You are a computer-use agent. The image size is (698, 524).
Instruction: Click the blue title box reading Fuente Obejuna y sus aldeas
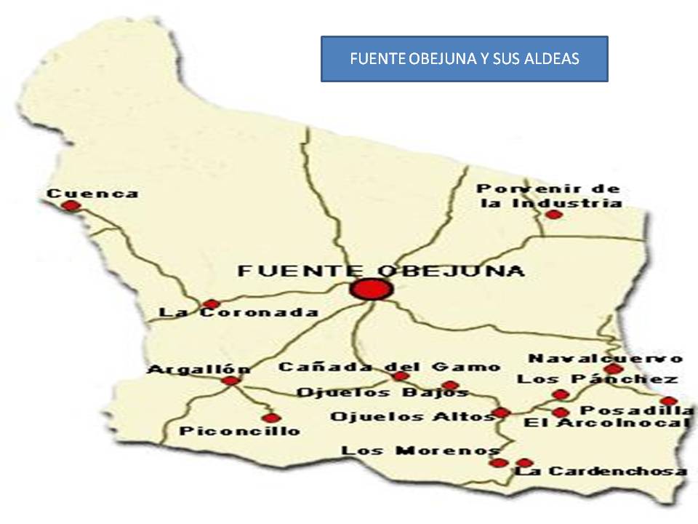point(464,59)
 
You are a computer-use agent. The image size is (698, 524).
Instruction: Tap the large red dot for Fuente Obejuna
point(371,289)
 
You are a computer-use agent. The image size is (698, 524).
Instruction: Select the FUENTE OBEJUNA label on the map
point(381,271)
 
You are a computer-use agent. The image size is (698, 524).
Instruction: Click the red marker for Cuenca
point(71,206)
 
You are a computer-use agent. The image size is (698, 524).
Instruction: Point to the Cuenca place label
point(92,194)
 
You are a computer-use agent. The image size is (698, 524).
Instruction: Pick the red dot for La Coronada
point(211,303)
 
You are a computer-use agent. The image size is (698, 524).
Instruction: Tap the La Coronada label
point(238,313)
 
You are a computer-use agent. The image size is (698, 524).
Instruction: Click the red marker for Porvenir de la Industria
point(554,214)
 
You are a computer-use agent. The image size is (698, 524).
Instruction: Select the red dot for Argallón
point(230,381)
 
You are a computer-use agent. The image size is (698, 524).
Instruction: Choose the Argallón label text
point(198,370)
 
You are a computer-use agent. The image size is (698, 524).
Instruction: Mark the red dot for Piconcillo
point(271,418)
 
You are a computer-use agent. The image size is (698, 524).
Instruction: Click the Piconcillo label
point(239,431)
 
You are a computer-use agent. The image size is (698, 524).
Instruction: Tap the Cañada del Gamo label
point(389,367)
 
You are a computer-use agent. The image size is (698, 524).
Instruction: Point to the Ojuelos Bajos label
point(382,393)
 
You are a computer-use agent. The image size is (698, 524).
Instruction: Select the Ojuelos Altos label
point(412,417)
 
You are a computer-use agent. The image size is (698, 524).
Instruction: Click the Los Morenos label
point(420,450)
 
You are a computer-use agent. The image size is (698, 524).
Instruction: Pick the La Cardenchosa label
point(601,471)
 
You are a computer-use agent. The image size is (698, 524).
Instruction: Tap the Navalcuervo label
point(605,358)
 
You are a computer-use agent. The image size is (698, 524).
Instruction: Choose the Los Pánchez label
point(597,378)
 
